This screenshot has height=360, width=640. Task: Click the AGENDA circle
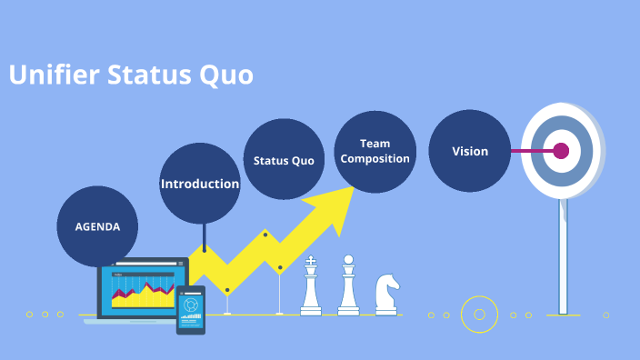[x=97, y=226]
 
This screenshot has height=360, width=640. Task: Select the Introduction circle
[x=200, y=184]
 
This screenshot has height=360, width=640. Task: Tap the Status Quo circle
[x=284, y=160]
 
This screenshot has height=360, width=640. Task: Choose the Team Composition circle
[x=375, y=151]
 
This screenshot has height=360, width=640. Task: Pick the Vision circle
[x=470, y=151]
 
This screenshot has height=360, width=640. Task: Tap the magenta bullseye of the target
[x=561, y=151]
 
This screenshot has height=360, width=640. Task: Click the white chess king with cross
[x=311, y=286]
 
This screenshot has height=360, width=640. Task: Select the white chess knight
[x=386, y=294]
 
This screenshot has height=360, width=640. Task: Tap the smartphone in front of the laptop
[x=191, y=310]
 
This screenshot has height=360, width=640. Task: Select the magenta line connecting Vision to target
[x=526, y=151]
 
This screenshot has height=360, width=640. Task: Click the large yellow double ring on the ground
[x=479, y=315]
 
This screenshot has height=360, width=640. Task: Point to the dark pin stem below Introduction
[x=205, y=236]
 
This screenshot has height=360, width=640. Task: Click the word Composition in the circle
[x=375, y=158]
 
